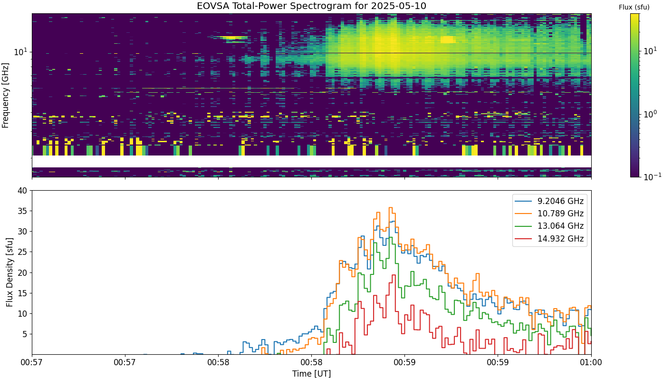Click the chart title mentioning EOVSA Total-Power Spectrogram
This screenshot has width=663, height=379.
coord(311,6)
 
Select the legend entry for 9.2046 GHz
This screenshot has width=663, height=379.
coord(549,201)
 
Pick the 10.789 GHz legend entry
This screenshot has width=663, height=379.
coord(549,214)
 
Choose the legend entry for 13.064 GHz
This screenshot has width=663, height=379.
coord(549,226)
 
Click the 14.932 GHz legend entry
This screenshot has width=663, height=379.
coord(549,238)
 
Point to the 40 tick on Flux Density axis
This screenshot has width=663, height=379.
coord(22,191)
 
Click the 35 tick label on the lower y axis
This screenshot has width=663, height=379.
coord(22,211)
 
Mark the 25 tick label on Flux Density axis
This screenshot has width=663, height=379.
coord(22,253)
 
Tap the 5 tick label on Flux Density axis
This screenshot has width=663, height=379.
coord(25,334)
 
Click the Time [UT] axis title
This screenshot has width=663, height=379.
coord(311,374)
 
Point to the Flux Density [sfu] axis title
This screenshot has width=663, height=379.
coord(9,272)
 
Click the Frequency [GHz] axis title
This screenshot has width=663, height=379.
coord(5,95)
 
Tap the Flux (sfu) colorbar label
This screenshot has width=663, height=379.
coord(634,8)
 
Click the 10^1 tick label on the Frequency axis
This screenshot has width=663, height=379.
coord(21,52)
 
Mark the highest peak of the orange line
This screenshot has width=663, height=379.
coord(391,207)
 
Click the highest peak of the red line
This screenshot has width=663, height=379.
coord(394,275)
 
